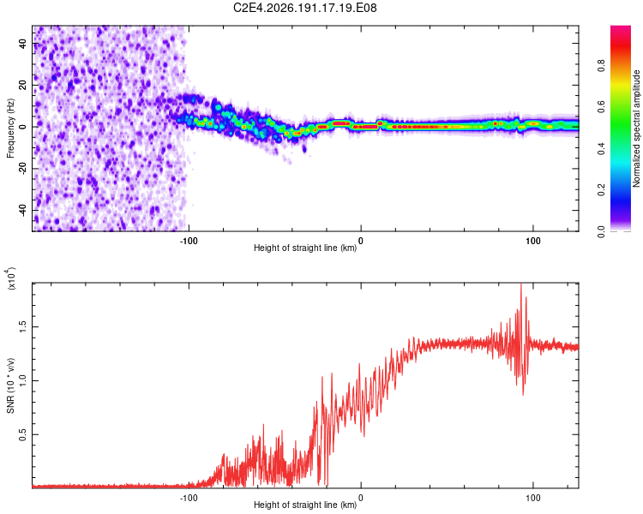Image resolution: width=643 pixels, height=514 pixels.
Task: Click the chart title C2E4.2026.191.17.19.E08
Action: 304,8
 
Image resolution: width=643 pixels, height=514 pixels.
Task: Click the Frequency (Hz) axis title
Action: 10,128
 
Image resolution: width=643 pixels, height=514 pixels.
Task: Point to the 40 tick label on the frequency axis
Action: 23,44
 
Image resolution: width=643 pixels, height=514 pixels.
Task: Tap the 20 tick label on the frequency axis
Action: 23,86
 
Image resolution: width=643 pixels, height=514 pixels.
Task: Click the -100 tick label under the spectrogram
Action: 189,241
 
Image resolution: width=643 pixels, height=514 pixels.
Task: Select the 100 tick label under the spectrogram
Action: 532,241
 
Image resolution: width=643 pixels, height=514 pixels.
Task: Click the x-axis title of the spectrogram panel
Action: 305,248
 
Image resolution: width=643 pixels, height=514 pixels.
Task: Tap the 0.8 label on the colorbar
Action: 601,66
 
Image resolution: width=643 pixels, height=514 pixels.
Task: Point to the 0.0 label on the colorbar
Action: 601,232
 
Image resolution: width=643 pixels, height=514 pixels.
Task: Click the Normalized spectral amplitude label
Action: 636,128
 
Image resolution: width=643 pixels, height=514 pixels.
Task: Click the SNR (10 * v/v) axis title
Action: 10,385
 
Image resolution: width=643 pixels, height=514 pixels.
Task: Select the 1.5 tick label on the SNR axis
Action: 23,326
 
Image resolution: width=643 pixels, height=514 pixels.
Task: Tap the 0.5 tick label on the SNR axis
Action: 23,434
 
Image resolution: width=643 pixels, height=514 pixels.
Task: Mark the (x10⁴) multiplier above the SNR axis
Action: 11,278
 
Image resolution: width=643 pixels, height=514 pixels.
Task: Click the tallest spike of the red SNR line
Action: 520,284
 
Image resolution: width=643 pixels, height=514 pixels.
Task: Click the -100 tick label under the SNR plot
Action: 189,498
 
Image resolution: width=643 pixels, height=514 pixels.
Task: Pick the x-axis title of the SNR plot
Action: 305,505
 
